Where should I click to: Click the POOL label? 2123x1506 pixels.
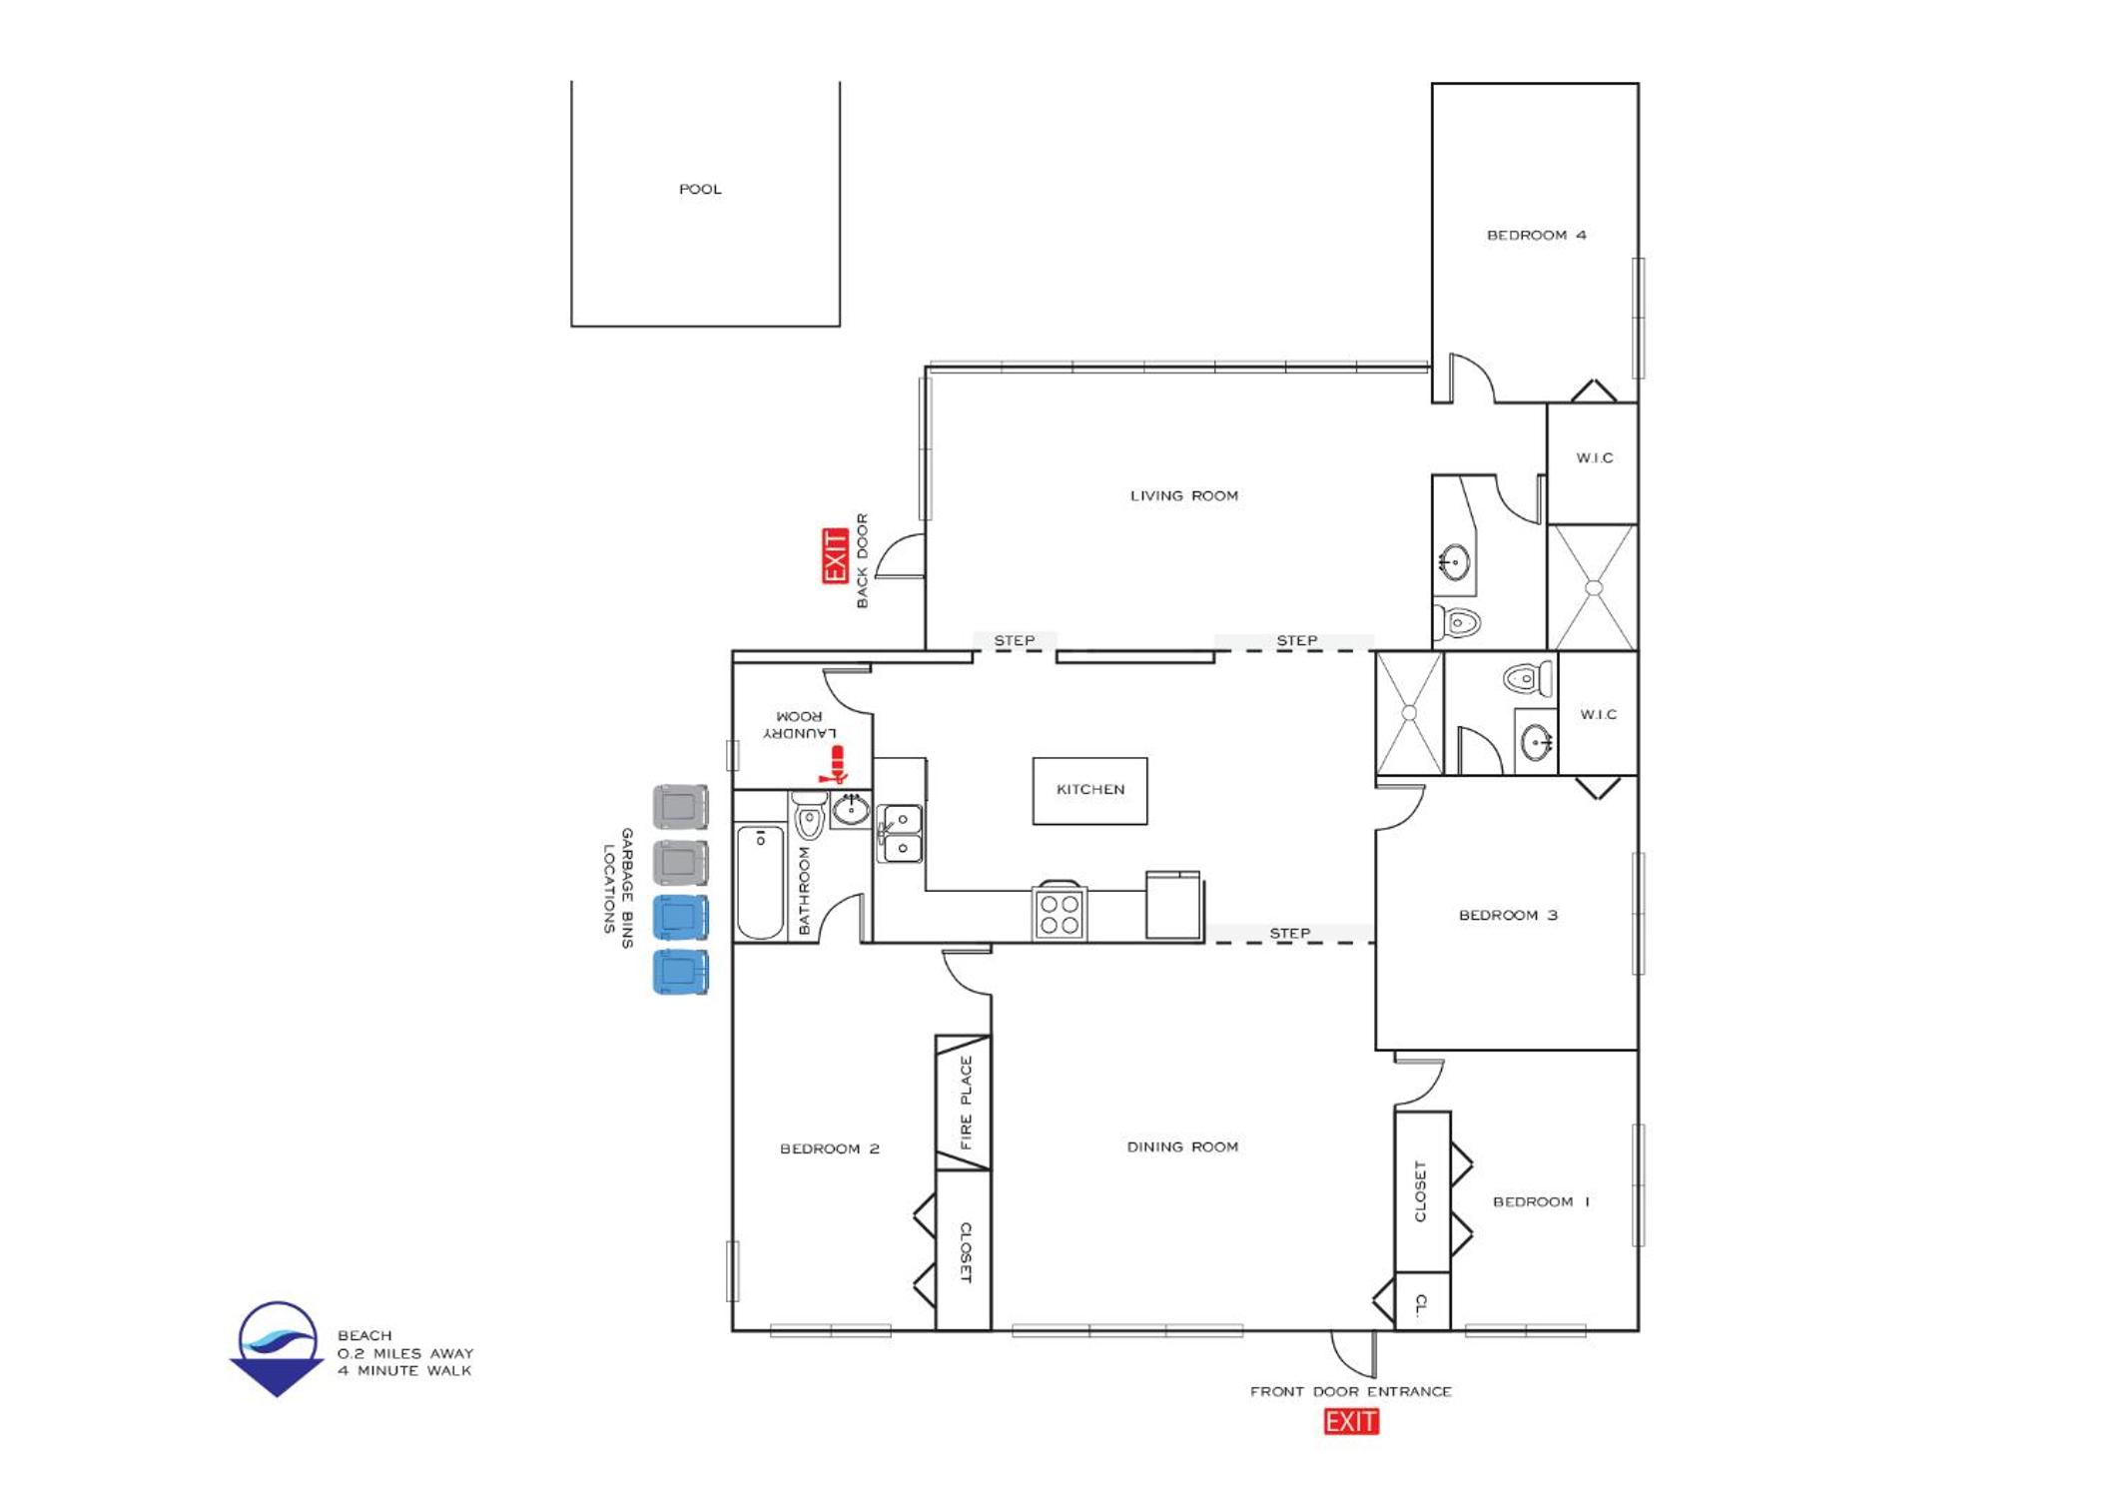700,189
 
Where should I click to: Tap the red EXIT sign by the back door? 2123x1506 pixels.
835,556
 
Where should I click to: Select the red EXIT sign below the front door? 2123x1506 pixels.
1351,1421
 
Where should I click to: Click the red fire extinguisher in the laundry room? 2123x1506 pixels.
833,765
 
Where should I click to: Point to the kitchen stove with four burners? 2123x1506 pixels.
1060,913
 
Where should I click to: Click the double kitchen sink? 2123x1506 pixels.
901,833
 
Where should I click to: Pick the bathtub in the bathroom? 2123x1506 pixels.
760,883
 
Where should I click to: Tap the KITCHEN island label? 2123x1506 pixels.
1090,790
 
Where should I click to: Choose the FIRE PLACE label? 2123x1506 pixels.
966,1103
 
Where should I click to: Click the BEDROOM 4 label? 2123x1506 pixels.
1536,236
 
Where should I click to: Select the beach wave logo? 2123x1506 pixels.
278,1349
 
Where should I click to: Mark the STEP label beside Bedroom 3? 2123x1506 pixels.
1290,934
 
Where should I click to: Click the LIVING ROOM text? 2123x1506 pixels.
1184,496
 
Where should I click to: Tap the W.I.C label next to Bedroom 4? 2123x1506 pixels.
1595,458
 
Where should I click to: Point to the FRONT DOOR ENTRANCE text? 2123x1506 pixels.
1351,1392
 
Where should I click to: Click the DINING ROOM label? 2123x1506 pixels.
1183,1147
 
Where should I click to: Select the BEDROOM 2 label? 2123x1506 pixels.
830,1149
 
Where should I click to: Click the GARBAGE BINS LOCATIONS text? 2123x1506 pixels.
617,888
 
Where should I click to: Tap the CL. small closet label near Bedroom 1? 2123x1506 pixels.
1421,1304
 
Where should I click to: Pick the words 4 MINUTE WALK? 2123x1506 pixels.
404,1371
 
